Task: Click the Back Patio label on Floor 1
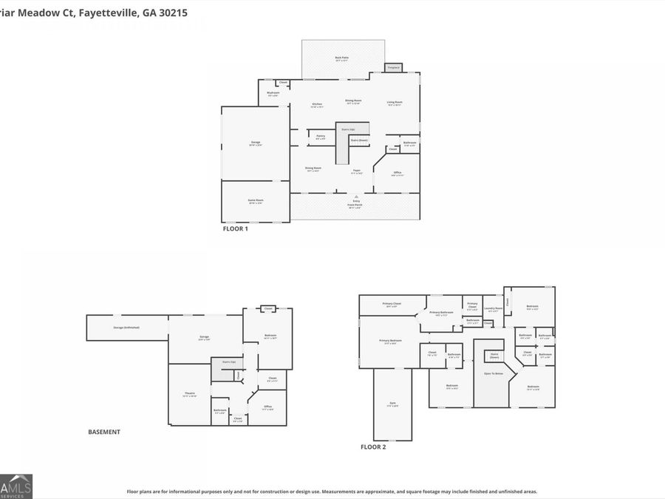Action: tap(341, 57)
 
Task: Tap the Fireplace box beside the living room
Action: tap(394, 68)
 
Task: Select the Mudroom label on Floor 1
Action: tap(273, 94)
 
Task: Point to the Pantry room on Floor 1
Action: tap(320, 137)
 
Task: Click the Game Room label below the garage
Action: tap(255, 201)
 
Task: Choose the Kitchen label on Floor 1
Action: tap(317, 105)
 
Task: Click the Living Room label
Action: tap(395, 103)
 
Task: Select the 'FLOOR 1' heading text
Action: tap(236, 229)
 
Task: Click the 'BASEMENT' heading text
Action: tap(103, 432)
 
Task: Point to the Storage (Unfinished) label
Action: tap(126, 327)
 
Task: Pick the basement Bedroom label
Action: tap(270, 336)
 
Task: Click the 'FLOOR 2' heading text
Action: tap(372, 447)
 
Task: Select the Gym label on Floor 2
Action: tap(392, 404)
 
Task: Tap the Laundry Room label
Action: tap(493, 309)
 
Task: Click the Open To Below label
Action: tap(493, 374)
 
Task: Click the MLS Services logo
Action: tap(16, 486)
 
